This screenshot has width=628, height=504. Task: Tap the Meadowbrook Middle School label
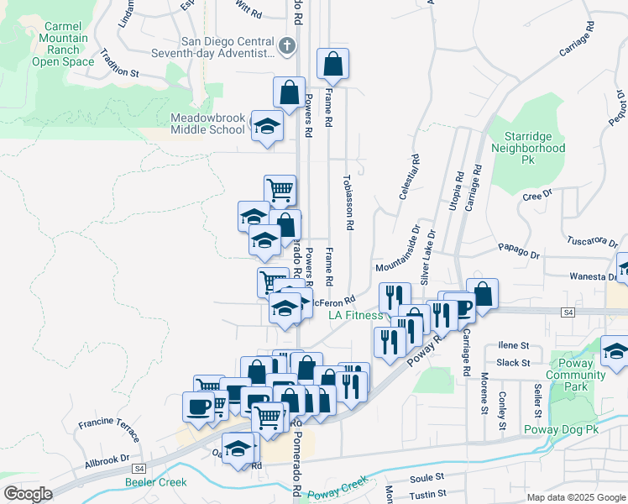pos(207,123)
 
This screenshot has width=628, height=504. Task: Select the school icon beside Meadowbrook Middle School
pos(267,127)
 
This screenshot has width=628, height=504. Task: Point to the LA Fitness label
pos(354,316)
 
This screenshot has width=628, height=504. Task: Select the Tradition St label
pos(118,72)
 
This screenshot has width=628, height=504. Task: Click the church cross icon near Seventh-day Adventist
pos(287,45)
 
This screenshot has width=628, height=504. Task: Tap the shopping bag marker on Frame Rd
pos(333,63)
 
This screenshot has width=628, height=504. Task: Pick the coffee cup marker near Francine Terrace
pos(198,407)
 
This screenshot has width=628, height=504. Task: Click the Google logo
pos(28,494)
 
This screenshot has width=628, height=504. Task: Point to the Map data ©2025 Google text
pos(576,497)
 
